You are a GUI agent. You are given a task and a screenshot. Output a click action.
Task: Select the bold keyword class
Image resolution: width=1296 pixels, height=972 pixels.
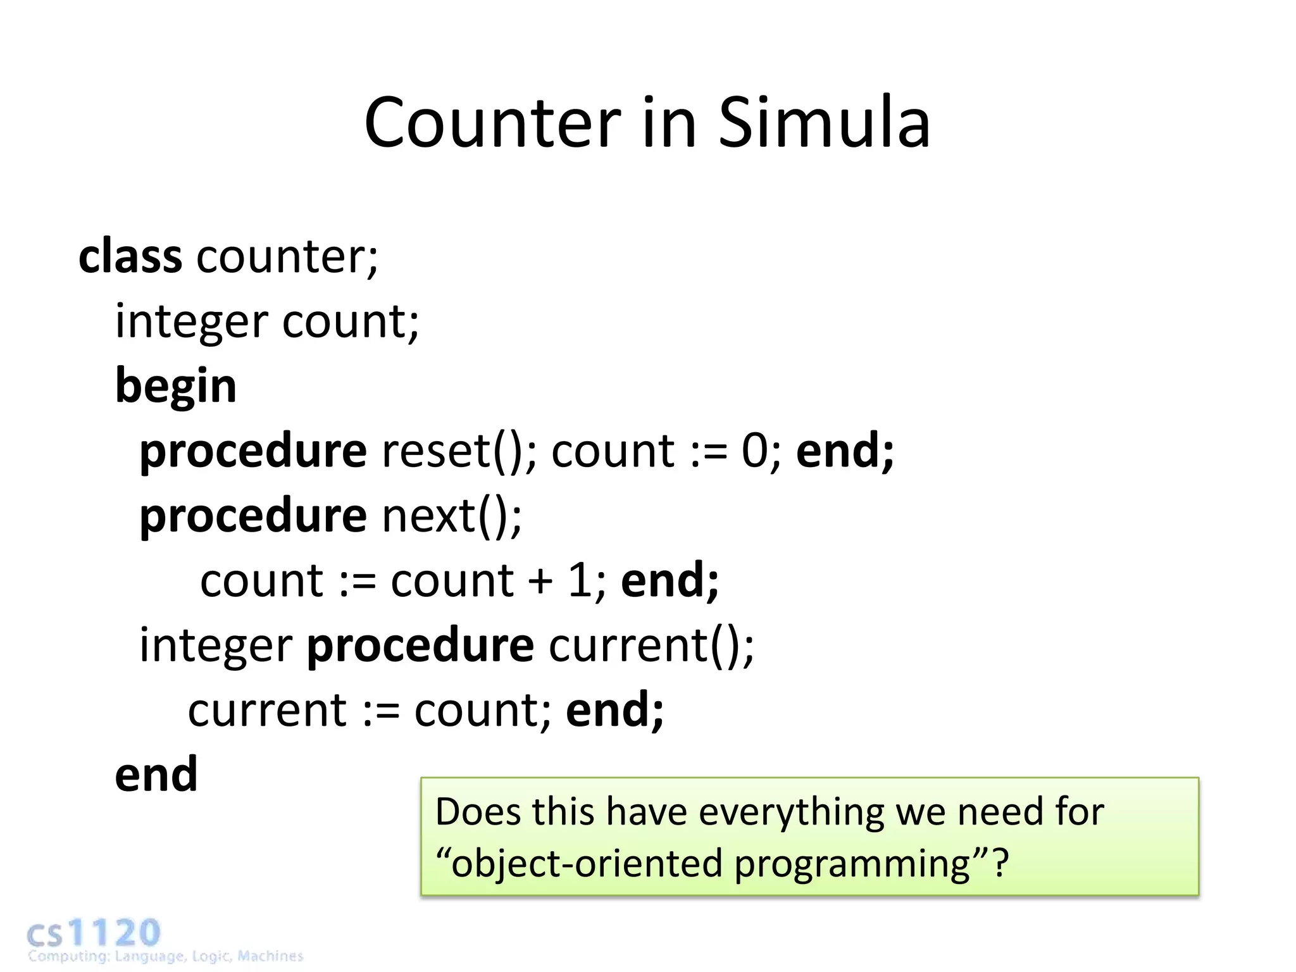[x=130, y=256]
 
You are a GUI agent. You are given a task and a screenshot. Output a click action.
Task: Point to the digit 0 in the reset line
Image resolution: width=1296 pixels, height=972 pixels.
[x=754, y=452]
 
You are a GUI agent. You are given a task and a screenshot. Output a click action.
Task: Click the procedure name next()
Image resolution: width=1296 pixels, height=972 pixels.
[x=452, y=516]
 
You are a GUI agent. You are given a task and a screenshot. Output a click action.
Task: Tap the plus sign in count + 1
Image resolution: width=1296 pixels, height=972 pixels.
[x=541, y=581]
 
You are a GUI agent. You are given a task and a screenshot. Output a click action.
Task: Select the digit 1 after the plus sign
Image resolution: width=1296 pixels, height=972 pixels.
[x=580, y=581]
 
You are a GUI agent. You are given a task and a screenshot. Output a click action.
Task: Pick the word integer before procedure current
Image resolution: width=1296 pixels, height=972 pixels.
[x=216, y=646]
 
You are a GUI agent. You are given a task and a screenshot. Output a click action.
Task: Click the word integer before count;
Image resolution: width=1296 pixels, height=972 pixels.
[x=192, y=322]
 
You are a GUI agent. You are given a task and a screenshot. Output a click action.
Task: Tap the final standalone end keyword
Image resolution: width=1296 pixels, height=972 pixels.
[x=156, y=775]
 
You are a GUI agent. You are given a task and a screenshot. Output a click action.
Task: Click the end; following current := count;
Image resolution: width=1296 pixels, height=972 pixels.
[x=614, y=711]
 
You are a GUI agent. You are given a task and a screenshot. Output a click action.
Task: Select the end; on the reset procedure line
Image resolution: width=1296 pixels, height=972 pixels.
[x=845, y=452]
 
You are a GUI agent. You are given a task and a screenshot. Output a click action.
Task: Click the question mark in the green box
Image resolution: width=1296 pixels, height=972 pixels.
[x=1000, y=863]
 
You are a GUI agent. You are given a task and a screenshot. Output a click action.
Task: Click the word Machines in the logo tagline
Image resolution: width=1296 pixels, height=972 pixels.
[x=270, y=956]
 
